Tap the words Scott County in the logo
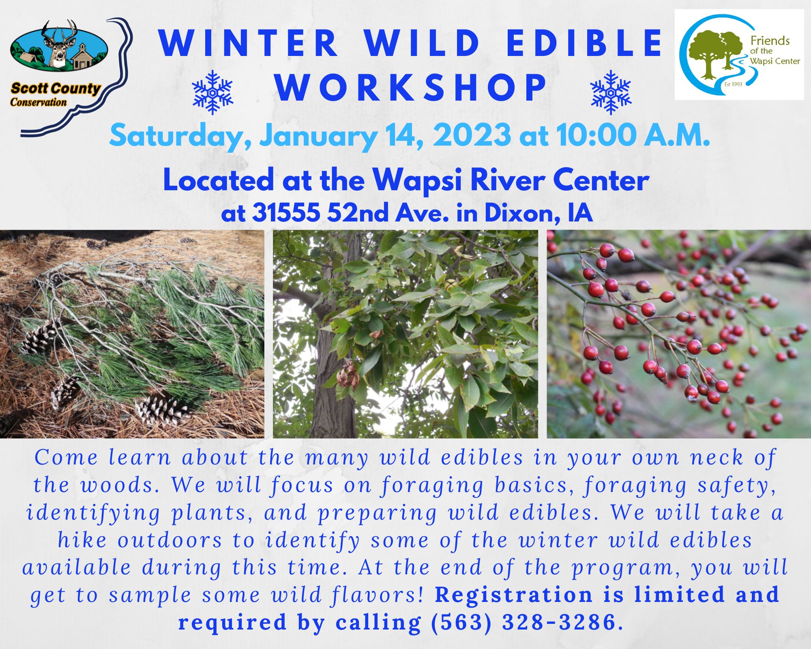tap(56, 88)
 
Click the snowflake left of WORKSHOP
tap(212, 92)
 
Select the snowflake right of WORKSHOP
tap(611, 92)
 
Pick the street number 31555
tap(287, 213)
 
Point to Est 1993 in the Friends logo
tap(733, 84)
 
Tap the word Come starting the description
tap(66, 458)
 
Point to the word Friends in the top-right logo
tap(770, 41)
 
